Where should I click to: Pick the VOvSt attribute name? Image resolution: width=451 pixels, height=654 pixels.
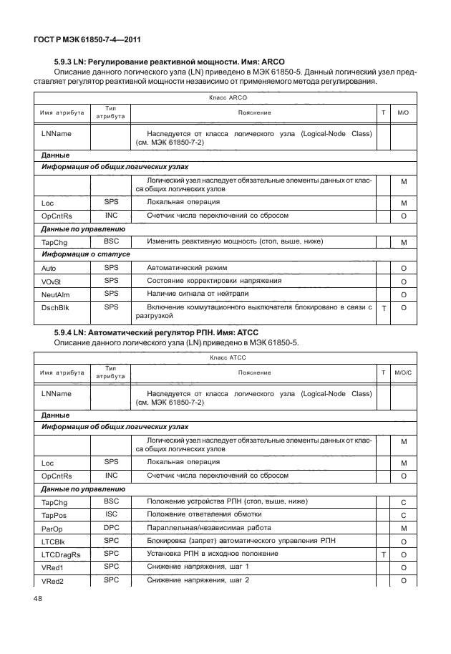(53, 281)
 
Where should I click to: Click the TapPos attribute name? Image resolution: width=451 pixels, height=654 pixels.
(54, 516)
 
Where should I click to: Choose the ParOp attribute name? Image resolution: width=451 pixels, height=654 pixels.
(53, 529)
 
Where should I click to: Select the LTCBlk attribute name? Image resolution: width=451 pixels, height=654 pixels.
(54, 542)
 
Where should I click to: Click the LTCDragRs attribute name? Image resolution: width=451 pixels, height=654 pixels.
(62, 555)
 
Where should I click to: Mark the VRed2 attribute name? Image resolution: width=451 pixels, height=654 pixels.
(54, 581)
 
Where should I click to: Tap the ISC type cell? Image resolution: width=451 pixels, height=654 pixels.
(111, 514)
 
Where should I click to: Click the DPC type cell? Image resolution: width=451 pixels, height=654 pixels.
(111, 527)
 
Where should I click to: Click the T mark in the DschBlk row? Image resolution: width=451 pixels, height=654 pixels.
(384, 308)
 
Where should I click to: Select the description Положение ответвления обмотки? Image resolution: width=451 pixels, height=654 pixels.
(204, 515)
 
